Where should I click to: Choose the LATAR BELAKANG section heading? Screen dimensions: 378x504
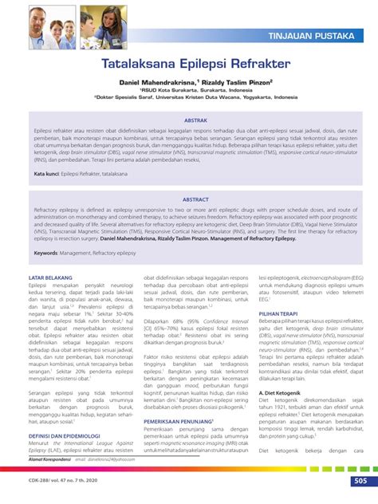coord(51,278)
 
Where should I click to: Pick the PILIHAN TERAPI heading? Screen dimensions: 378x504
coord(282,315)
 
